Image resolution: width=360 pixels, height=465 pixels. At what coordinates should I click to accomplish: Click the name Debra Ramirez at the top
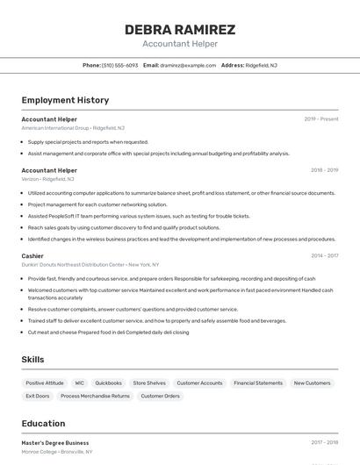tap(180, 30)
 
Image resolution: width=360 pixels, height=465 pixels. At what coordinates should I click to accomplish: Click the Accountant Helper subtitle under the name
tap(180, 43)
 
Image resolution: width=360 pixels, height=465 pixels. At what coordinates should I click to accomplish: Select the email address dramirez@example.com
tap(189, 65)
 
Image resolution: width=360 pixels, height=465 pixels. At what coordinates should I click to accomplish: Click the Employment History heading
tap(65, 100)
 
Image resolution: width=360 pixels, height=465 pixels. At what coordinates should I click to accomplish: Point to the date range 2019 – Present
tap(321, 119)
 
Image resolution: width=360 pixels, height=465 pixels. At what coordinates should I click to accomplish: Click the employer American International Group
tap(54, 128)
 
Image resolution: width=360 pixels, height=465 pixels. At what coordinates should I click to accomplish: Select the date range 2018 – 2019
tap(324, 170)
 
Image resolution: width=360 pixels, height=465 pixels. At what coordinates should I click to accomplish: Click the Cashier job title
tap(32, 256)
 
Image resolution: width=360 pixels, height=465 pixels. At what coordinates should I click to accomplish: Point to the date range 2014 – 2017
tap(324, 256)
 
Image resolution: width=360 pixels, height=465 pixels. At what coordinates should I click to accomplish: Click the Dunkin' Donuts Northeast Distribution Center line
tap(90, 264)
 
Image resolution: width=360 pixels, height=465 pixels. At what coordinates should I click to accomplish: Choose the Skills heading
tap(33, 360)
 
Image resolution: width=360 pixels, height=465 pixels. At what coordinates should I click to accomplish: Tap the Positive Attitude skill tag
tap(45, 383)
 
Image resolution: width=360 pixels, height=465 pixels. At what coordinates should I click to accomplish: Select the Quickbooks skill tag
tap(108, 383)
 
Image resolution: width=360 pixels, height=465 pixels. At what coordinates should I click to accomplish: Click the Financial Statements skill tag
tap(258, 383)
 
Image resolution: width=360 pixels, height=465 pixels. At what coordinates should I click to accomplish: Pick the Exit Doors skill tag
tap(38, 396)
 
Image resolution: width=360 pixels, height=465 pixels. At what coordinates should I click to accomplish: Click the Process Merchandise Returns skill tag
tap(95, 396)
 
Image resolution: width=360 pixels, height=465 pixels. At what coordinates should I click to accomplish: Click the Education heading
tap(43, 424)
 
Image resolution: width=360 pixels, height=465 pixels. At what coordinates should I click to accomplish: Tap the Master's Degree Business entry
tap(55, 443)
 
